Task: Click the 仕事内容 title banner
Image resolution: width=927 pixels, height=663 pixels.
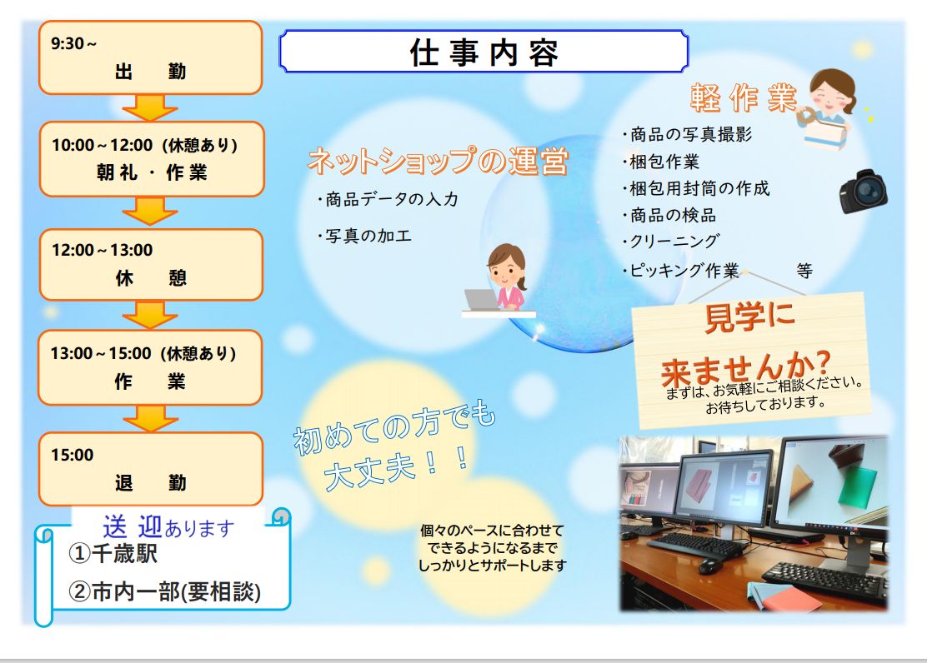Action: coord(484,52)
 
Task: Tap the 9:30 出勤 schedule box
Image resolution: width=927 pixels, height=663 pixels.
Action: coord(151,57)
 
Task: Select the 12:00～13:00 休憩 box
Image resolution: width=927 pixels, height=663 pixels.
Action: coord(151,265)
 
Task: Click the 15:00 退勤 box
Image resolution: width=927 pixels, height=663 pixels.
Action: coord(151,469)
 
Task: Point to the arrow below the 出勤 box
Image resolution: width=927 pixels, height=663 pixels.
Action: coord(150,107)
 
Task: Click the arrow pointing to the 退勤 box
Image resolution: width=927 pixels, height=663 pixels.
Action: coord(150,418)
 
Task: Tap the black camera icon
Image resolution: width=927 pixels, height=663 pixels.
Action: coord(863,191)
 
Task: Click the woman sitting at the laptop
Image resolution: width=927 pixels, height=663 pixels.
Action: coord(499,280)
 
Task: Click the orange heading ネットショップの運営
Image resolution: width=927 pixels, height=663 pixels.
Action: coord(438,161)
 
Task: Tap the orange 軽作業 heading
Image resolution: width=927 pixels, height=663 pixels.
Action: coord(743,97)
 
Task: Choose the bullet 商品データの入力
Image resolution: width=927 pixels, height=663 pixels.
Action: coord(388,199)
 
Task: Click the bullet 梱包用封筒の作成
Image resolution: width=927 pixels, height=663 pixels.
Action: coord(695,188)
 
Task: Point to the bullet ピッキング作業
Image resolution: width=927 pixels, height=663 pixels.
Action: coord(680,271)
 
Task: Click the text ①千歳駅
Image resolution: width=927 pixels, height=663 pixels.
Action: coord(113,554)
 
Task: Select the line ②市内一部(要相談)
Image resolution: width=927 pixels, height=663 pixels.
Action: coord(165,591)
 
